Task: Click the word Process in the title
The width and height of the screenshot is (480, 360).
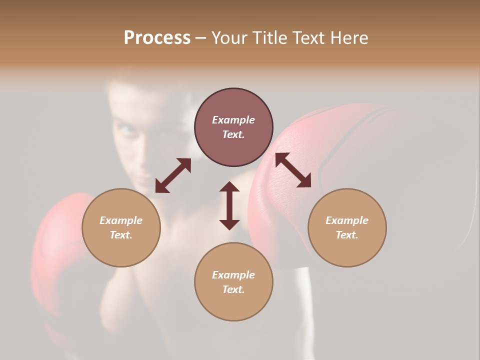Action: pyautogui.click(x=157, y=38)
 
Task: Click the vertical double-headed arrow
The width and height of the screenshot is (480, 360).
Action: pyautogui.click(x=229, y=205)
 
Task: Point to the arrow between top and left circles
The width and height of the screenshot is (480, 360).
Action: pyautogui.click(x=173, y=175)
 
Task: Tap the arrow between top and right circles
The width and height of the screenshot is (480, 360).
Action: pyautogui.click(x=293, y=170)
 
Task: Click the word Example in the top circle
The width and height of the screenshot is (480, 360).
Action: pyautogui.click(x=233, y=120)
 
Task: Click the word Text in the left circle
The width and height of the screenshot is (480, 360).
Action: pyautogui.click(x=120, y=235)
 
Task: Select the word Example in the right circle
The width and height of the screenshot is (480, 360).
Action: pyautogui.click(x=347, y=220)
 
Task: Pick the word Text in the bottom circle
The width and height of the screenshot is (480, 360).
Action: pyautogui.click(x=233, y=289)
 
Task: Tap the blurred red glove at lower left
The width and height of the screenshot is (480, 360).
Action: pyautogui.click(x=50, y=260)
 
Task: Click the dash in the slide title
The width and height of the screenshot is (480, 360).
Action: pyautogui.click(x=200, y=38)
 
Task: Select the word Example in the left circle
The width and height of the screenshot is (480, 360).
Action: pyautogui.click(x=121, y=220)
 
